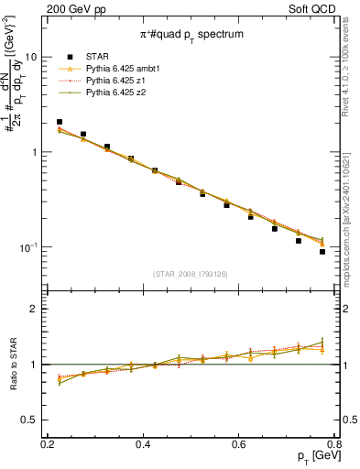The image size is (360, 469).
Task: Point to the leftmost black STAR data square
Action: [60, 122]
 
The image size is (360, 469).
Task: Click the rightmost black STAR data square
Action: [322, 252]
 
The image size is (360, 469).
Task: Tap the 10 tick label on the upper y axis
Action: [30, 57]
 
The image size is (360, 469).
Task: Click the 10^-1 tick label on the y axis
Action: [27, 248]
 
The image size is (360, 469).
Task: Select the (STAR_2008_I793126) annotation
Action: [191, 274]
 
